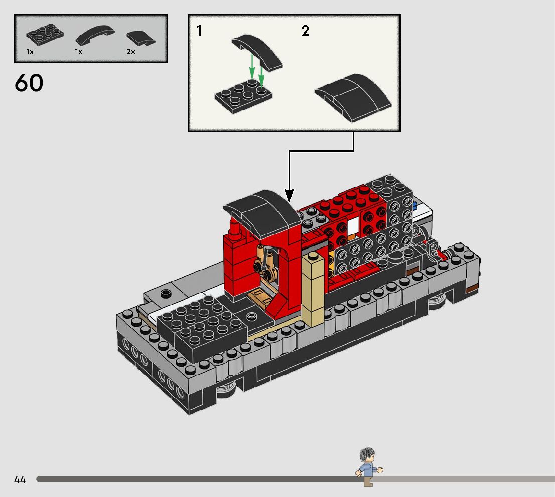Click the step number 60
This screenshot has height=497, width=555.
29,83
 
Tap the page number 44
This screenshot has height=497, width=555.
20,479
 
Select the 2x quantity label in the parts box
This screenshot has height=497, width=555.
130,52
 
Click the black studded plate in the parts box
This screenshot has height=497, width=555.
45,35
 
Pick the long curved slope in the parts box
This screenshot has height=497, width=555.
95,35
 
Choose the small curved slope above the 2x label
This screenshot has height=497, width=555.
141,38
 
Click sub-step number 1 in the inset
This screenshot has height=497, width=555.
199,31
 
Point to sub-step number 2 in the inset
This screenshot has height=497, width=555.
305,31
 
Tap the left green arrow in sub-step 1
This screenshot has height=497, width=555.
252,66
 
